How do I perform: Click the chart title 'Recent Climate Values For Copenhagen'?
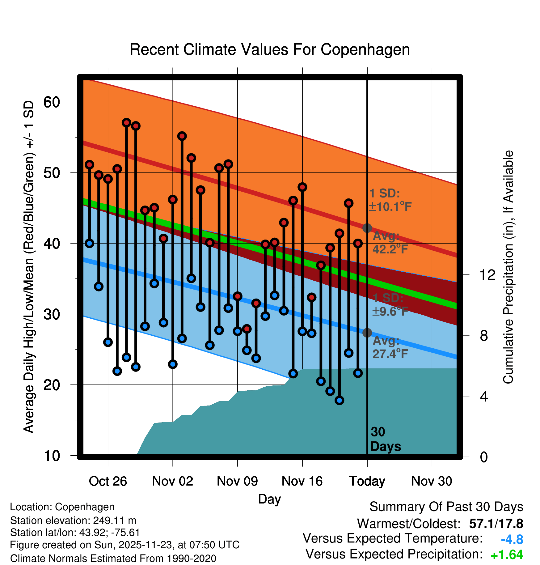[x=270, y=49]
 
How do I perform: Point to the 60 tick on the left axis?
[x=52, y=102]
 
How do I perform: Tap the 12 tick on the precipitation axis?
[x=487, y=275]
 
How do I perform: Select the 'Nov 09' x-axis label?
[x=237, y=481]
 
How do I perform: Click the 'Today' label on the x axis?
[x=367, y=481]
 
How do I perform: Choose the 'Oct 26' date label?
[x=108, y=481]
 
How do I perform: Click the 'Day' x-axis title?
[x=269, y=499]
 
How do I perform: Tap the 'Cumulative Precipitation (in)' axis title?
[x=508, y=267]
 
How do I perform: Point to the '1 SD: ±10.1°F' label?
[x=390, y=200]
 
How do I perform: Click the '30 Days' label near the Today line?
[x=385, y=439]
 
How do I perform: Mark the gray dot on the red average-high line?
[x=367, y=228]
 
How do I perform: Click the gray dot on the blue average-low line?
[x=367, y=333]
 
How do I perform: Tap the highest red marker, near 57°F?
[x=126, y=123]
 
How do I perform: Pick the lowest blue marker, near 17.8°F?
[x=339, y=401]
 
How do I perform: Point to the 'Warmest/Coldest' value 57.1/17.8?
[x=496, y=524]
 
